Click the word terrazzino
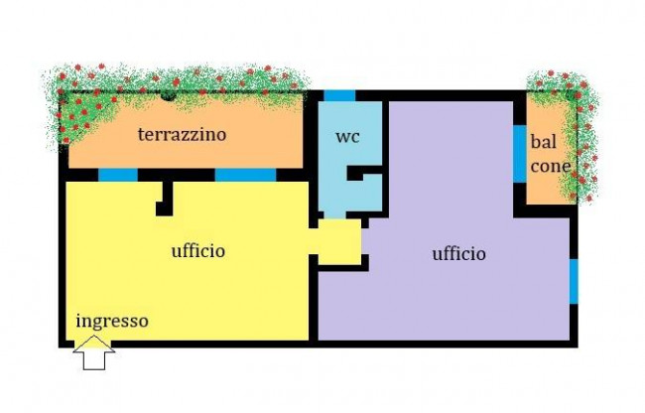pyautogui.click(x=182, y=134)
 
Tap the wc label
pyautogui.click(x=347, y=137)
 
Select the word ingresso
pyautogui.click(x=112, y=322)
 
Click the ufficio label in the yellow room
pyautogui.click(x=198, y=250)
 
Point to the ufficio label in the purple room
pyautogui.click(x=459, y=253)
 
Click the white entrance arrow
pyautogui.click(x=94, y=352)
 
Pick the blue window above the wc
pyautogui.click(x=339, y=96)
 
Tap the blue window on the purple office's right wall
pyautogui.click(x=574, y=282)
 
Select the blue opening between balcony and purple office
pyautogui.click(x=520, y=154)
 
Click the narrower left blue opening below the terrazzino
pyautogui.click(x=118, y=175)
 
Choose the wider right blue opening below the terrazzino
pyautogui.click(x=245, y=175)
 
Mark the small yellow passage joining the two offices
pyautogui.click(x=339, y=242)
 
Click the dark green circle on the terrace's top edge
pyautogui.click(x=168, y=96)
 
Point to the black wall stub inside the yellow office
pyautogui.click(x=165, y=199)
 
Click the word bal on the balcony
pyautogui.click(x=544, y=142)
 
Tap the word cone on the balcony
pyautogui.click(x=551, y=166)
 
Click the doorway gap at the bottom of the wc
pyautogui.click(x=335, y=215)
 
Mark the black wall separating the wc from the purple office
pyautogui.click(x=386, y=157)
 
